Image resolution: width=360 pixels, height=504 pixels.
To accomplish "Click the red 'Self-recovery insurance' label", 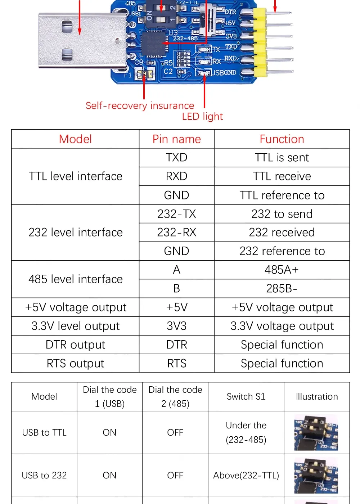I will pyautogui.click(x=140, y=105).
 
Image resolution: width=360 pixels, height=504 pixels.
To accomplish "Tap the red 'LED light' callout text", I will pyautogui.click(x=202, y=116).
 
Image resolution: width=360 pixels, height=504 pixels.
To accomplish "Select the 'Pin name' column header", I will pyautogui.click(x=176, y=139).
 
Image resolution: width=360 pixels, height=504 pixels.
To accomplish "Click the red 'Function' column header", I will pyautogui.click(x=282, y=139).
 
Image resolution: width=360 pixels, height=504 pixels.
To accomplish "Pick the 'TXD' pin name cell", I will pyautogui.click(x=176, y=158).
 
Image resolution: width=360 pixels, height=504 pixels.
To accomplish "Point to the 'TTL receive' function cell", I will pyautogui.click(x=282, y=176).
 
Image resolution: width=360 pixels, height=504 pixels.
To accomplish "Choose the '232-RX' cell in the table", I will pyautogui.click(x=176, y=233).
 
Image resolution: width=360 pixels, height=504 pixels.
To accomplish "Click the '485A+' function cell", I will pyautogui.click(x=282, y=270).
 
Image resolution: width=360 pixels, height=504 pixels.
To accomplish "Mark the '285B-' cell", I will pyautogui.click(x=282, y=289).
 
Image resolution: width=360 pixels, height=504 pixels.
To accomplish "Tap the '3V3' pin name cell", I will pyautogui.click(x=176, y=326).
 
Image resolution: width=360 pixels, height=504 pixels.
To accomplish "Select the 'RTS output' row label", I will pyautogui.click(x=75, y=364).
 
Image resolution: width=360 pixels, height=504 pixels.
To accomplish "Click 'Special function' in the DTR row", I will pyautogui.click(x=282, y=345).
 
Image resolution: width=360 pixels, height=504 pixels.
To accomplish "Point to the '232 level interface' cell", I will pyautogui.click(x=75, y=233).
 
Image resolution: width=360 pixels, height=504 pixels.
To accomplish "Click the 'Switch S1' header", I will pyautogui.click(x=246, y=397).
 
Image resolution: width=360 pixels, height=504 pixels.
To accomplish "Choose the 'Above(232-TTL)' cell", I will pyautogui.click(x=246, y=476).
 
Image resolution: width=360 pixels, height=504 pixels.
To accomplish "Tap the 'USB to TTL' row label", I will pyautogui.click(x=44, y=433).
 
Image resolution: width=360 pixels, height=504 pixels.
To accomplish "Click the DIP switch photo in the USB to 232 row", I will pyautogui.click(x=316, y=476).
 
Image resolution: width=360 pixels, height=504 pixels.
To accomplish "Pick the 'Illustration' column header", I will pyautogui.click(x=316, y=397).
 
